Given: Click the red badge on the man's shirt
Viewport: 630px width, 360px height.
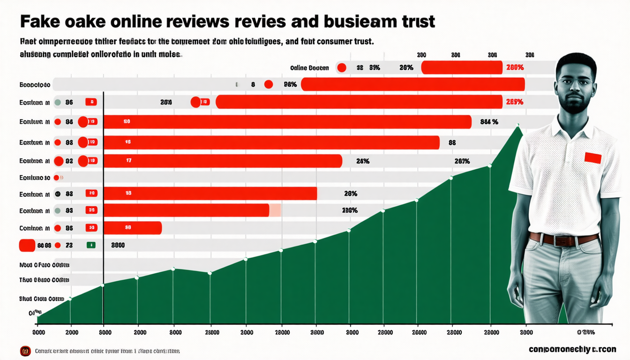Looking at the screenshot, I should [x=592, y=158].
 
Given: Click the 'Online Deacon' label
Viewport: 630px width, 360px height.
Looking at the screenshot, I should [x=309, y=68].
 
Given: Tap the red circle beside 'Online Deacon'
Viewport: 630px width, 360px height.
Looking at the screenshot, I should [x=342, y=68].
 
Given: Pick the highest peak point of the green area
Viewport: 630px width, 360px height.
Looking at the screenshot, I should [x=518, y=125].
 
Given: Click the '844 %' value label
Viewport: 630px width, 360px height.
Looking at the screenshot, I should [x=489, y=122].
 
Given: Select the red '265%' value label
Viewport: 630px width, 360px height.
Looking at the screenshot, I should [x=515, y=102].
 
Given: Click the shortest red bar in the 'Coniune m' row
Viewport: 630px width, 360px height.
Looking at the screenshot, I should [x=132, y=228].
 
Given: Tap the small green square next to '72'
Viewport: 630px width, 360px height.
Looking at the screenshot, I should [x=91, y=245].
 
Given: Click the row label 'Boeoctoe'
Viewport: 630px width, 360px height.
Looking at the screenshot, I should [x=35, y=85].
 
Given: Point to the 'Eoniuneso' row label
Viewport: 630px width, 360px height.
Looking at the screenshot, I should [x=35, y=178].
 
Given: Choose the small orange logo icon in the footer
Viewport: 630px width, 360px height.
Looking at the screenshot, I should [x=25, y=351].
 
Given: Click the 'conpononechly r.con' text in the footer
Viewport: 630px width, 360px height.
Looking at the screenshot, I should [x=572, y=349].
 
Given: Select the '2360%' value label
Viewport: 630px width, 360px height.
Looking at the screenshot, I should [x=350, y=210].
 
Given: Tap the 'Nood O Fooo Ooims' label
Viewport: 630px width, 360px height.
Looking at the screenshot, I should [x=45, y=265].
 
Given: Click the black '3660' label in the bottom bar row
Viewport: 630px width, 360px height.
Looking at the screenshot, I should [x=118, y=245].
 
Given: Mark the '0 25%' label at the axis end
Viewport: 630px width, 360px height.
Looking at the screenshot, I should [x=586, y=332].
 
